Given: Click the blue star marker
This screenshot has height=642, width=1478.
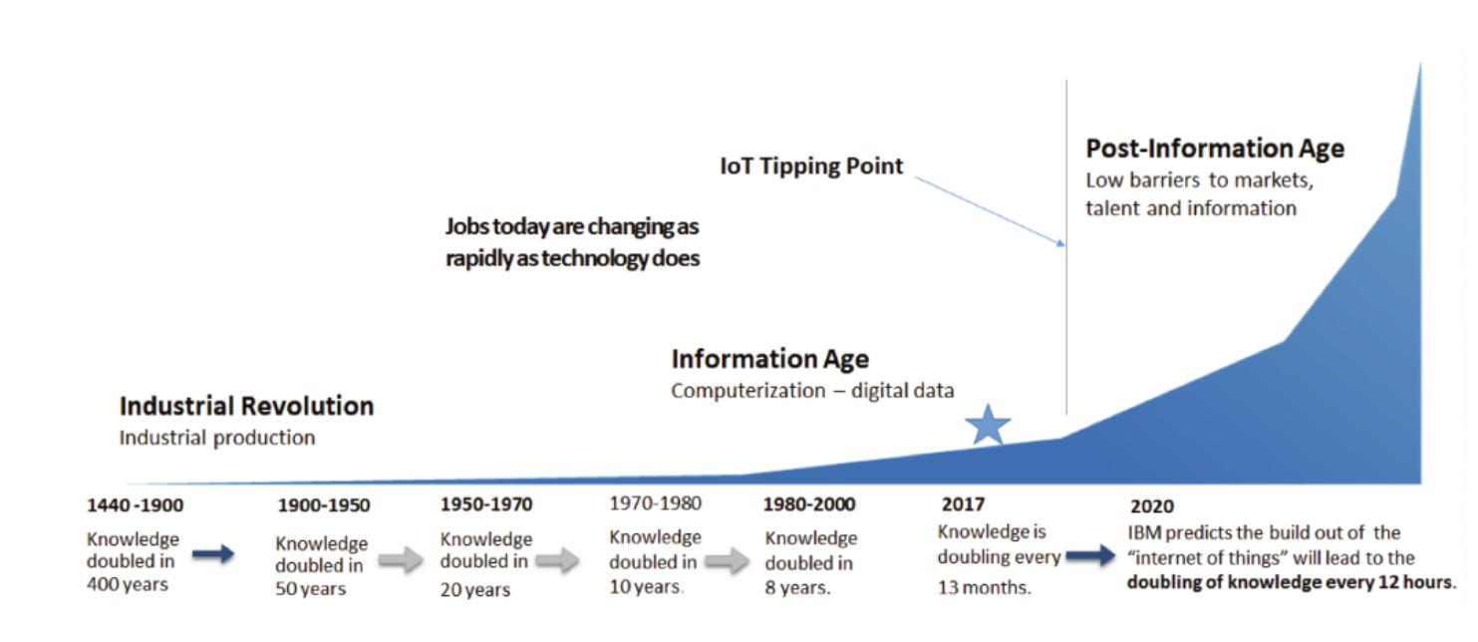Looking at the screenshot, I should [988, 426].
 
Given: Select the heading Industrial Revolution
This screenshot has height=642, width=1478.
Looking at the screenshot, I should [246, 407].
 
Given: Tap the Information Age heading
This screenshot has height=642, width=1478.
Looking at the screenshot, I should [769, 360].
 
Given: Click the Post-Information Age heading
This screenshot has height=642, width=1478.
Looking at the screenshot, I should [1215, 150].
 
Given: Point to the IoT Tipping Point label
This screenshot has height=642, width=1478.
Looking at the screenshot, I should [811, 166].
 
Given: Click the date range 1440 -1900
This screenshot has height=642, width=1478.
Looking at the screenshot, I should [135, 504].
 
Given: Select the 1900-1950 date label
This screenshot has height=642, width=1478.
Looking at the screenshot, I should [324, 505].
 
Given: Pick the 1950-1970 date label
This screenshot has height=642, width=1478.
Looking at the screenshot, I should [486, 504].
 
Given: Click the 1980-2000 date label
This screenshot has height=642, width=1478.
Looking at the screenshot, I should [809, 504].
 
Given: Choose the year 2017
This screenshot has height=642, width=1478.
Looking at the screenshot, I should [963, 504].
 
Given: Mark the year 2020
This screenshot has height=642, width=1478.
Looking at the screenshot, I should [1152, 505].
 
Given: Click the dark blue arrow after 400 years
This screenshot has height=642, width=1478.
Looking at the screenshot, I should [212, 554].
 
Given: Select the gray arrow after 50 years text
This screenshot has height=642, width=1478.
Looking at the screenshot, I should [400, 561].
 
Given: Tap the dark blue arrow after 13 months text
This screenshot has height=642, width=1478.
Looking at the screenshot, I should [1092, 555].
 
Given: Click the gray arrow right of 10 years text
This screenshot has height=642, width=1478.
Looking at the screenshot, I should [729, 562].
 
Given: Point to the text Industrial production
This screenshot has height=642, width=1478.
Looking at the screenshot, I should [217, 438].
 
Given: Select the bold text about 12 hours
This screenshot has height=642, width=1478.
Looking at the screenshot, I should [1290, 582].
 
